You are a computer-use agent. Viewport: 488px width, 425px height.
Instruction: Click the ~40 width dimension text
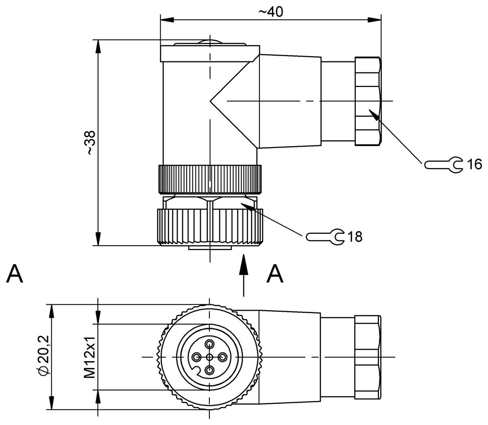[x=270, y=12]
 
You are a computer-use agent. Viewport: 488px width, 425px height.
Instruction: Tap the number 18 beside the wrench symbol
[x=355, y=237]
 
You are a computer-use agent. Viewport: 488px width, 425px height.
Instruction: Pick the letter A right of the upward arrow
[x=275, y=274]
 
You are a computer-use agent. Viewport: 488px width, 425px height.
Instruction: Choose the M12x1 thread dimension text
[x=89, y=357]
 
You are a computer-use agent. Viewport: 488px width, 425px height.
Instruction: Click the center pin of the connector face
[x=209, y=357]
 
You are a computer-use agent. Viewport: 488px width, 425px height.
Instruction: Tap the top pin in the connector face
[x=209, y=344]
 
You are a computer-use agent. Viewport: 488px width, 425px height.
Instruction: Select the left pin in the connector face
[x=197, y=357]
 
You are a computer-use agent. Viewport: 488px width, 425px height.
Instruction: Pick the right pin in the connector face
[x=222, y=357]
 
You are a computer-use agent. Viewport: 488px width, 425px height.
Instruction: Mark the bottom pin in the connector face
[x=209, y=370]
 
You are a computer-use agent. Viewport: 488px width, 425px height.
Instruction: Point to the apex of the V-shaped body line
[x=211, y=100]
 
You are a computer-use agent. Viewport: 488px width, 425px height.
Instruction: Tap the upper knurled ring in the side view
[x=210, y=179]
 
